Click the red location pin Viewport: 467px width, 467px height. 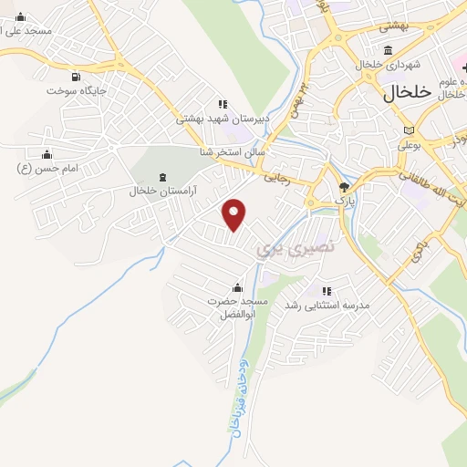pyautogui.click(x=235, y=214)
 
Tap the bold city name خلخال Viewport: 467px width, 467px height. pyautogui.click(x=399, y=92)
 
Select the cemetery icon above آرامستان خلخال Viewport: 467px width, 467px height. pyautogui.click(x=162, y=176)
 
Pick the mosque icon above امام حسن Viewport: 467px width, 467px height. pyautogui.click(x=47, y=153)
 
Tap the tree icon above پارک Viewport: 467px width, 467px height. pyautogui.click(x=344, y=185)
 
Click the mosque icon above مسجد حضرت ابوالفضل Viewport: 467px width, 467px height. pyautogui.click(x=238, y=287)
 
